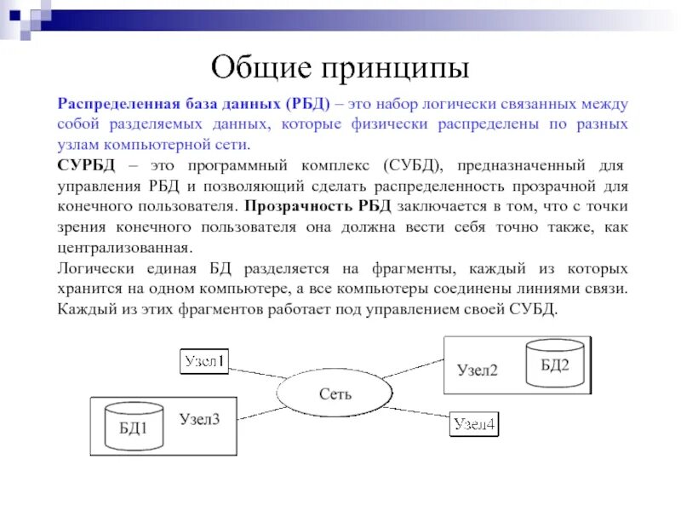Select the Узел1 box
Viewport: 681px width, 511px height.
click(x=205, y=361)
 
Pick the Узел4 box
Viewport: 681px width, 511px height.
click(x=475, y=425)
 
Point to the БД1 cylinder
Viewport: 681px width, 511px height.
click(x=133, y=428)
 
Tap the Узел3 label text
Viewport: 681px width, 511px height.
click(x=199, y=419)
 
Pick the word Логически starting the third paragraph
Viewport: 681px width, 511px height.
click(x=93, y=267)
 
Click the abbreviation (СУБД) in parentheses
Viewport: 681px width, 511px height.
click(x=412, y=164)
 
